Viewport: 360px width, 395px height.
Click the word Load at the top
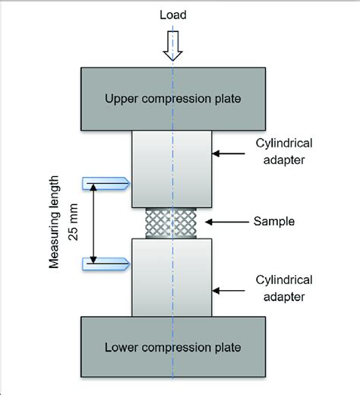click(x=173, y=14)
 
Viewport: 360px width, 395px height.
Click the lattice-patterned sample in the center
click(x=173, y=223)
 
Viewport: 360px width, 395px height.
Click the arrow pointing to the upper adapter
click(x=231, y=154)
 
